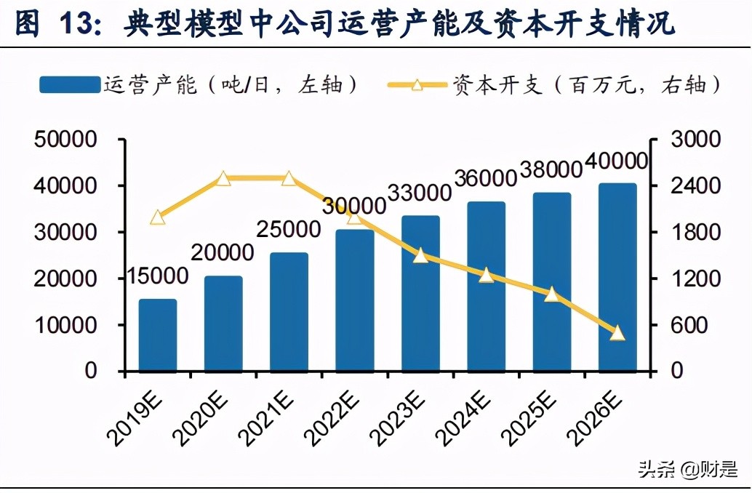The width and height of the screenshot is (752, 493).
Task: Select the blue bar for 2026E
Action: point(617,276)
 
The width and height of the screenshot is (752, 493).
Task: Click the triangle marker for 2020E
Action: point(223,179)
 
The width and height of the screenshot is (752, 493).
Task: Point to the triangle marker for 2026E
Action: point(617,333)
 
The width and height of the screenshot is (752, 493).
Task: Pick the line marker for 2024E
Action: point(486,275)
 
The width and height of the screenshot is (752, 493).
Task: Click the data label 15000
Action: point(158,276)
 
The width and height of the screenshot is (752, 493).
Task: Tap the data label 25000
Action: point(289,230)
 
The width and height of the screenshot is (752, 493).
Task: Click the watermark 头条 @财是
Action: point(687,469)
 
